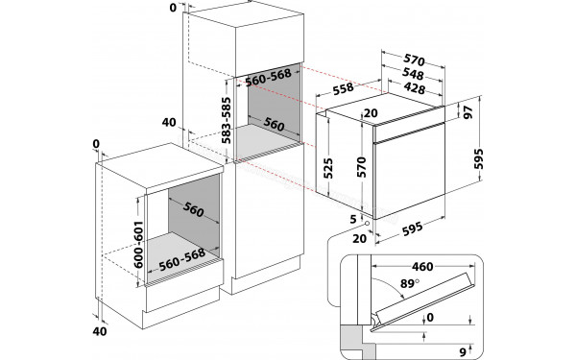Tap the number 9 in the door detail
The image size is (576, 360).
click(x=463, y=349)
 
